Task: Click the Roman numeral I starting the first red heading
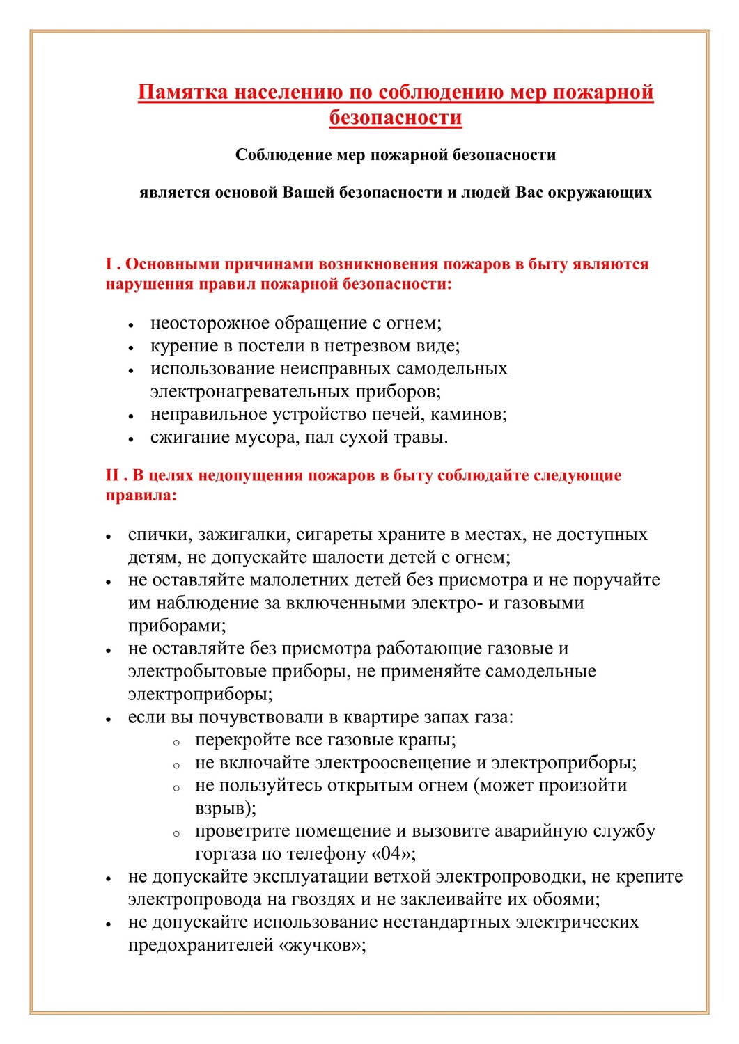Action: point(109,264)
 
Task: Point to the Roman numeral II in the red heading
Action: point(112,476)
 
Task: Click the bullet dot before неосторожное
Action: point(131,325)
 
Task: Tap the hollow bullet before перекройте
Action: point(177,743)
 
